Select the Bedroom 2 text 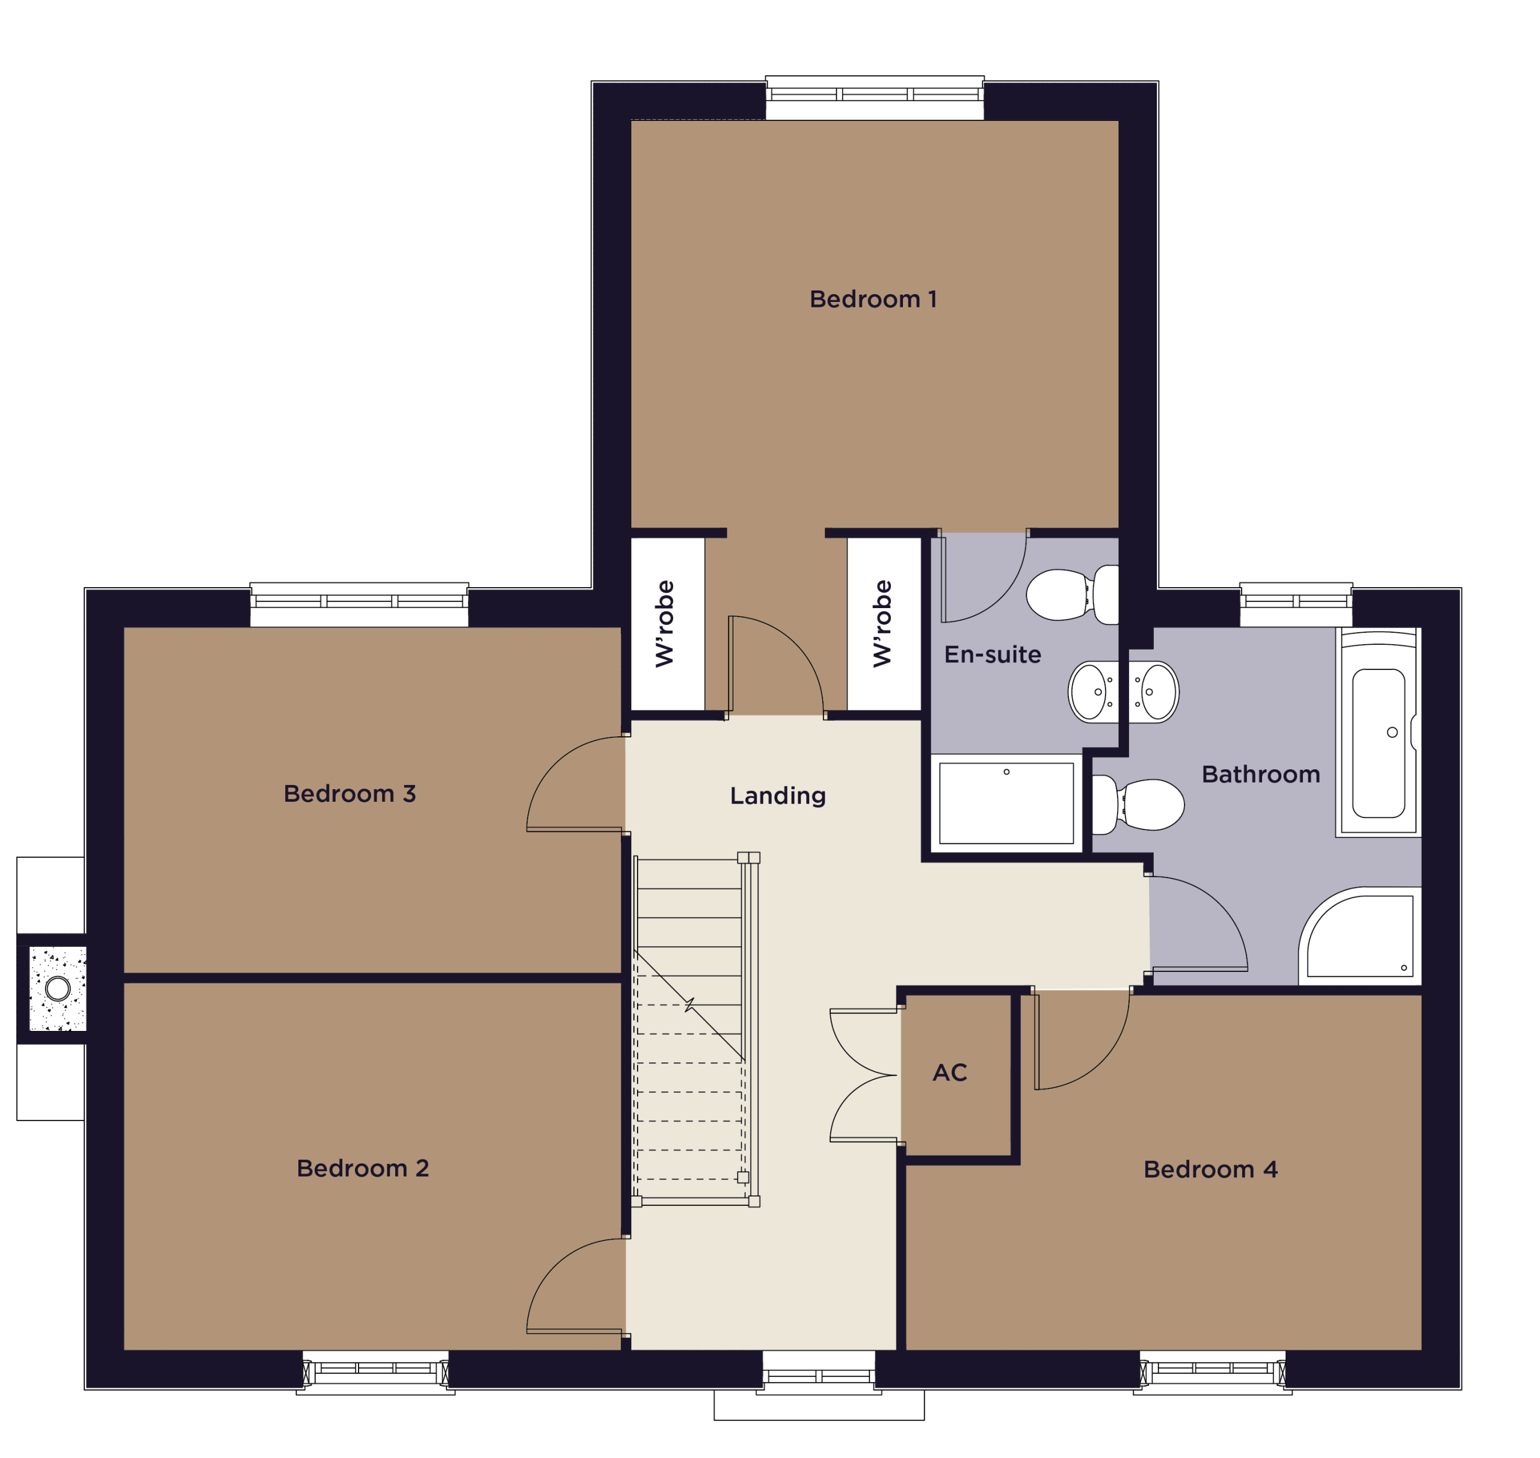363,1168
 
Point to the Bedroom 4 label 1210,1170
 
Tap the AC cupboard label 950,1073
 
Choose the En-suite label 993,654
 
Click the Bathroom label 1261,775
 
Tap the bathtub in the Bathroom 1378,732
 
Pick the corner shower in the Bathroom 1360,937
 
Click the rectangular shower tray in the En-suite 1006,803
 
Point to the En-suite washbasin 1094,692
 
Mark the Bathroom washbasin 1154,692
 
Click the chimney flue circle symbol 58,989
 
